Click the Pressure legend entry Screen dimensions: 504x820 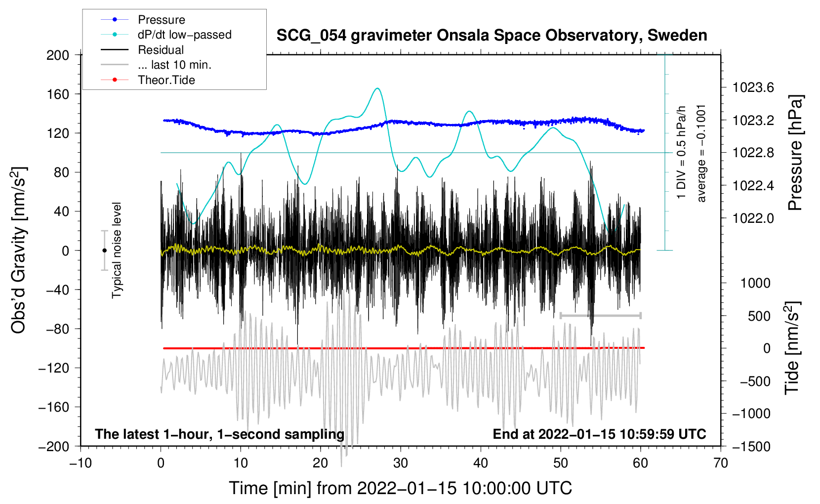pos(161,20)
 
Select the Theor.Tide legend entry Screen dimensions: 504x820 pos(166,80)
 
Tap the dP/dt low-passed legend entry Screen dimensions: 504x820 pos(184,35)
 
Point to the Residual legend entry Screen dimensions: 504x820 pos(161,50)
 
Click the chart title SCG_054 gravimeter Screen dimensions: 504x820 pos(492,36)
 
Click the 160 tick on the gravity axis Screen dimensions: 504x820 pos(58,94)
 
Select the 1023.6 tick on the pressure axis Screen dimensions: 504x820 pos(753,88)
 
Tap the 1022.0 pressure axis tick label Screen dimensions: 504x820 pos(753,218)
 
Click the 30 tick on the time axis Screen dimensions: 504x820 pos(401,463)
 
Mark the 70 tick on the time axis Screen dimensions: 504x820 pos(721,463)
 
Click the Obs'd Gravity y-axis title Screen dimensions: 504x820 pos(19,250)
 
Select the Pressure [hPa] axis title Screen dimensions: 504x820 pos(795,153)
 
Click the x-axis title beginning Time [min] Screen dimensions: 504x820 pos(401,488)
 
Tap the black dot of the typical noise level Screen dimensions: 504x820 pos(104,251)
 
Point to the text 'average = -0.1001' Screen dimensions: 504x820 pos(701,153)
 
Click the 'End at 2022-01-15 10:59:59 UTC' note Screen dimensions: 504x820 pos(599,434)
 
